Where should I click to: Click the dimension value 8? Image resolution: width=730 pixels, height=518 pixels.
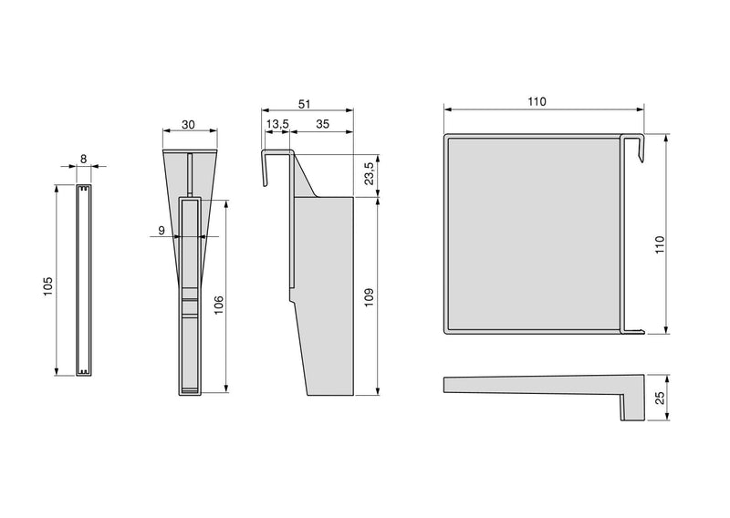point(84,159)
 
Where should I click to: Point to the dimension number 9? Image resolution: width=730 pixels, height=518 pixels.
point(162,231)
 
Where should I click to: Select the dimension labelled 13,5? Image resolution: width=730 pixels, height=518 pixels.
point(277,123)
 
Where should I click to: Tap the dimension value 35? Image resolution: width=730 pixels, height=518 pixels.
point(323,123)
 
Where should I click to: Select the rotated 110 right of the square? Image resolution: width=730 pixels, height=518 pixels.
point(660,243)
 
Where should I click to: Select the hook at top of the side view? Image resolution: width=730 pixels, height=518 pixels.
point(274,160)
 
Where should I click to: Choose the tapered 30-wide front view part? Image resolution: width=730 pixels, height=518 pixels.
point(190,274)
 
